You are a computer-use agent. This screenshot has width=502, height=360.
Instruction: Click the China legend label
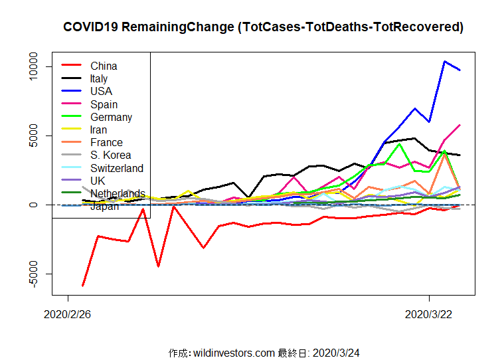pos(104,66)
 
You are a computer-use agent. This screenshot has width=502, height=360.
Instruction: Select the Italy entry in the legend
pos(99,79)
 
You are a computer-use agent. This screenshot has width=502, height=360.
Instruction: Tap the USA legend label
pos(101,92)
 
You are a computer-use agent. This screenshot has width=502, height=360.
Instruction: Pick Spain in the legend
pos(104,104)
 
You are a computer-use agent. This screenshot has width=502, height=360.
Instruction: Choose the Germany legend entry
pos(111,117)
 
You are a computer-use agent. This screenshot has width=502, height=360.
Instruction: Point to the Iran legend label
pos(100,130)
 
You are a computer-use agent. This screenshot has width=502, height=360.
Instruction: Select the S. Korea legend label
pos(110,155)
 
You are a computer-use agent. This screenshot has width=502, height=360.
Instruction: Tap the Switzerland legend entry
pos(117,168)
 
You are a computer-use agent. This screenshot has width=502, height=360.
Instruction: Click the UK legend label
pos(98,181)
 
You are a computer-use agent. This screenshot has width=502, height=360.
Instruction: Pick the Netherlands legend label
pos(118,193)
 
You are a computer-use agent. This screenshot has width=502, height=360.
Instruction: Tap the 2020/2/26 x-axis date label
pos(66,314)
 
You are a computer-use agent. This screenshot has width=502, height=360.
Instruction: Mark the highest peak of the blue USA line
pos(444,61)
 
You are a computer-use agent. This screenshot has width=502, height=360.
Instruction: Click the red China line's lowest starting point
pos(83,286)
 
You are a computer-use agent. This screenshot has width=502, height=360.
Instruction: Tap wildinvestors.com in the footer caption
pos(234,352)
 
